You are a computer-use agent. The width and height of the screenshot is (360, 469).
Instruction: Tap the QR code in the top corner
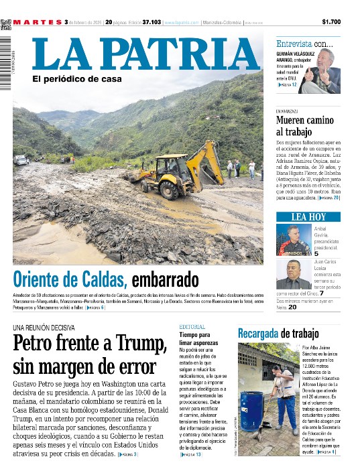pos(6,24)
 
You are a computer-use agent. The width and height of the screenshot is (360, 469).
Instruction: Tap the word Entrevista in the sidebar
pos(294,44)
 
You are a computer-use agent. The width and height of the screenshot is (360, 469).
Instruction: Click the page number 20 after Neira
pos(292,308)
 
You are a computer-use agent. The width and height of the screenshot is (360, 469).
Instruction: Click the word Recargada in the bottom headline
pos(257,333)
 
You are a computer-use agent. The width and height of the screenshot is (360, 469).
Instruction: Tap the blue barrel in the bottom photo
pos(253,410)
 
